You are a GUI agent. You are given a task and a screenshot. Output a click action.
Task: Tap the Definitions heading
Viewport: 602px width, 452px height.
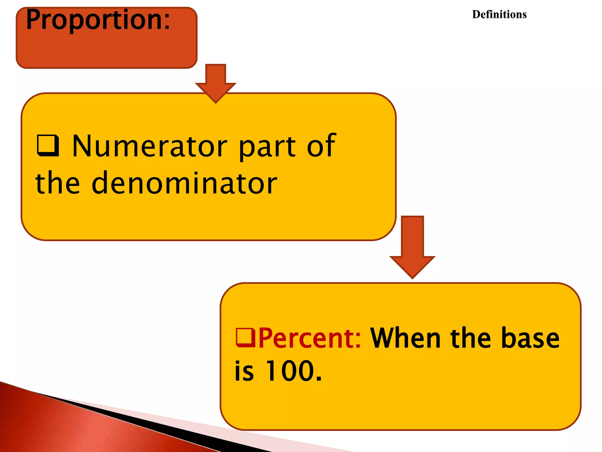click(499, 14)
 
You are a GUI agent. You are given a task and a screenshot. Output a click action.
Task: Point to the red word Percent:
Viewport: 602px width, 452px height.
click(310, 338)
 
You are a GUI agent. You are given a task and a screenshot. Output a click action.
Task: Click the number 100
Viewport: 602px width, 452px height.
click(293, 371)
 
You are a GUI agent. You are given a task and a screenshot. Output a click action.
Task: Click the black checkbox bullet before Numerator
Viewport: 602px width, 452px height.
click(48, 145)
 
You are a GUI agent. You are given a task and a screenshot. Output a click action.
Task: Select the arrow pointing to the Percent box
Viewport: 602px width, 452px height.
click(412, 247)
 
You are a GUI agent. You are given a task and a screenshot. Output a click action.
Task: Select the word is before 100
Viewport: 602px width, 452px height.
click(244, 371)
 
